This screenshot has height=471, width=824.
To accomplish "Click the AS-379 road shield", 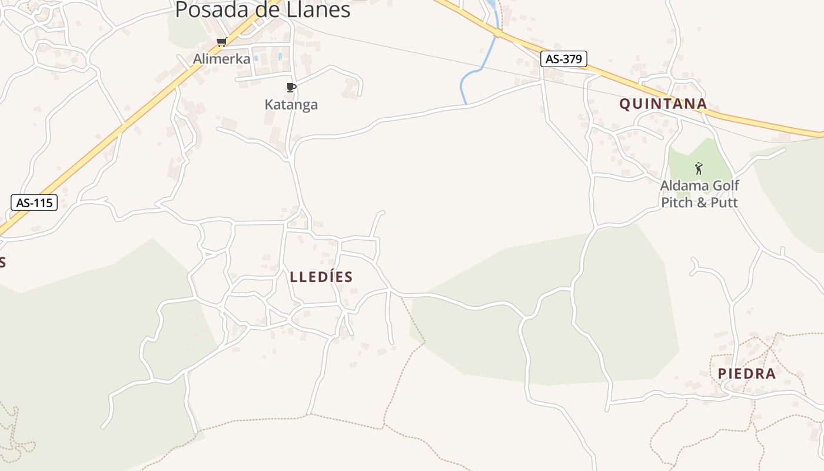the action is coord(564,59).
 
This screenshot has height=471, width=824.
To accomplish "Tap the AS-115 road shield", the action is coord(34,203).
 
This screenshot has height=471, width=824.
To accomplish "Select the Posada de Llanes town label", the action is coord(263,9).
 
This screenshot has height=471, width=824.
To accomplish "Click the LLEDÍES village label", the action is coord(321,277).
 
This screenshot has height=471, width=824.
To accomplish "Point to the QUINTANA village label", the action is coord(663,104).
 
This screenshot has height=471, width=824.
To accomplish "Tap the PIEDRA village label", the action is coord(746,373).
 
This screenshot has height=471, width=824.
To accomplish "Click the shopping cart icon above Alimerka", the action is coord(221,42).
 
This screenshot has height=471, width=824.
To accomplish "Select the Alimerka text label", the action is coord(222,59).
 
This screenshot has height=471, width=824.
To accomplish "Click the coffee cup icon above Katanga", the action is coord(291,88).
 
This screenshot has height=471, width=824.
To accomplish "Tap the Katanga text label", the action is coord(291,105).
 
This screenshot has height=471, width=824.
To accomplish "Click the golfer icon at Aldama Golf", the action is coord(699,168).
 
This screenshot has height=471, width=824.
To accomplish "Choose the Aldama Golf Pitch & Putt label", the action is coord(699,194).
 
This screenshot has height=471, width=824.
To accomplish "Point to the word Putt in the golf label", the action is coord(723,203).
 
